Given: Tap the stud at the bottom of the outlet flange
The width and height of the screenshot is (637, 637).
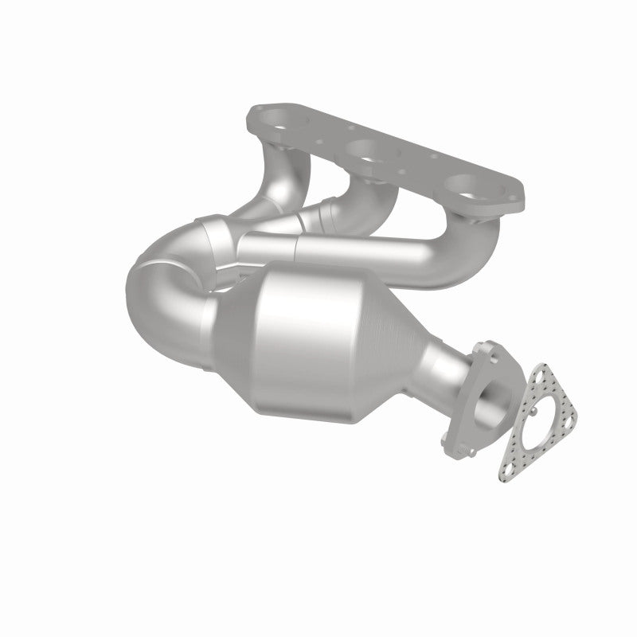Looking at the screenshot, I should click(471, 451).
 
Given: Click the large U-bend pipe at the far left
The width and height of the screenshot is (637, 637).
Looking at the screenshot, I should click(159, 295).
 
